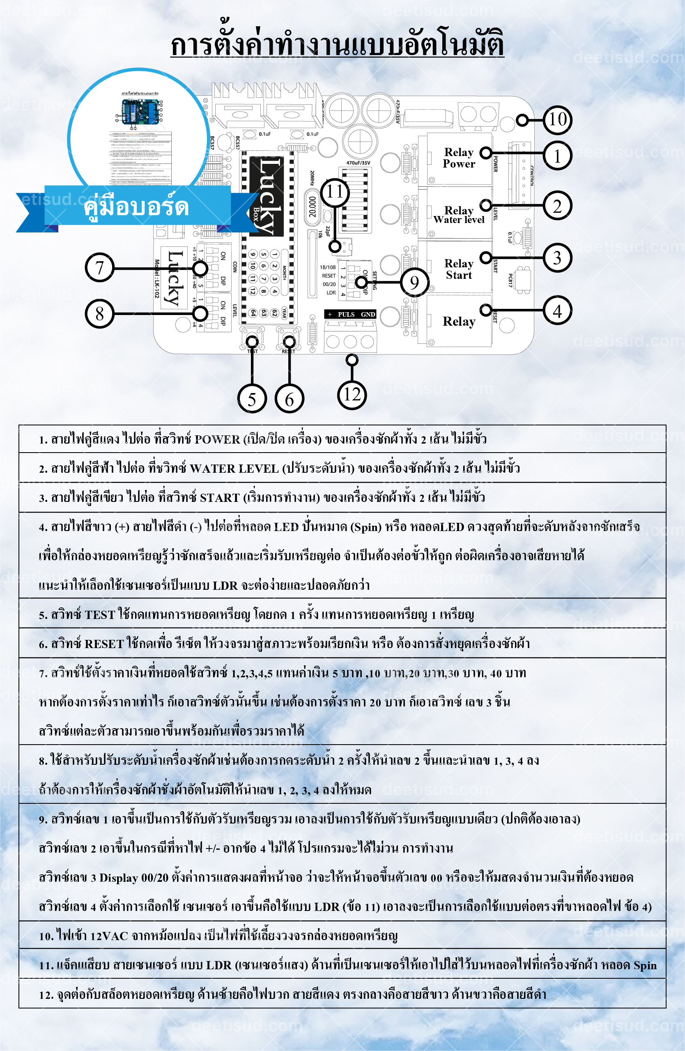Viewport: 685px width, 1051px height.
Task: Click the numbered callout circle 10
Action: coord(557,119)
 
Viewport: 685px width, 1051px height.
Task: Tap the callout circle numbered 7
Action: coord(99,268)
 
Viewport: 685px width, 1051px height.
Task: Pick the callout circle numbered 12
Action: coord(352,394)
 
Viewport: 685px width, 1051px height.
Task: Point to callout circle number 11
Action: coord(335,192)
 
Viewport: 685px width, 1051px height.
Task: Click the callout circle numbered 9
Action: coord(414,282)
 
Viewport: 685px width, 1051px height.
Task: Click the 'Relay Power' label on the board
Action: coord(459,158)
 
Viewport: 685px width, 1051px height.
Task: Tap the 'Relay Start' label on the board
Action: coord(459,269)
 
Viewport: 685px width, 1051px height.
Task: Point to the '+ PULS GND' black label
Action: coord(350,314)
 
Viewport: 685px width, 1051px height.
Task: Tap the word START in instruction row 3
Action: coord(219,498)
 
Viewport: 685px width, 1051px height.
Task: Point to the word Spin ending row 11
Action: coord(645,965)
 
